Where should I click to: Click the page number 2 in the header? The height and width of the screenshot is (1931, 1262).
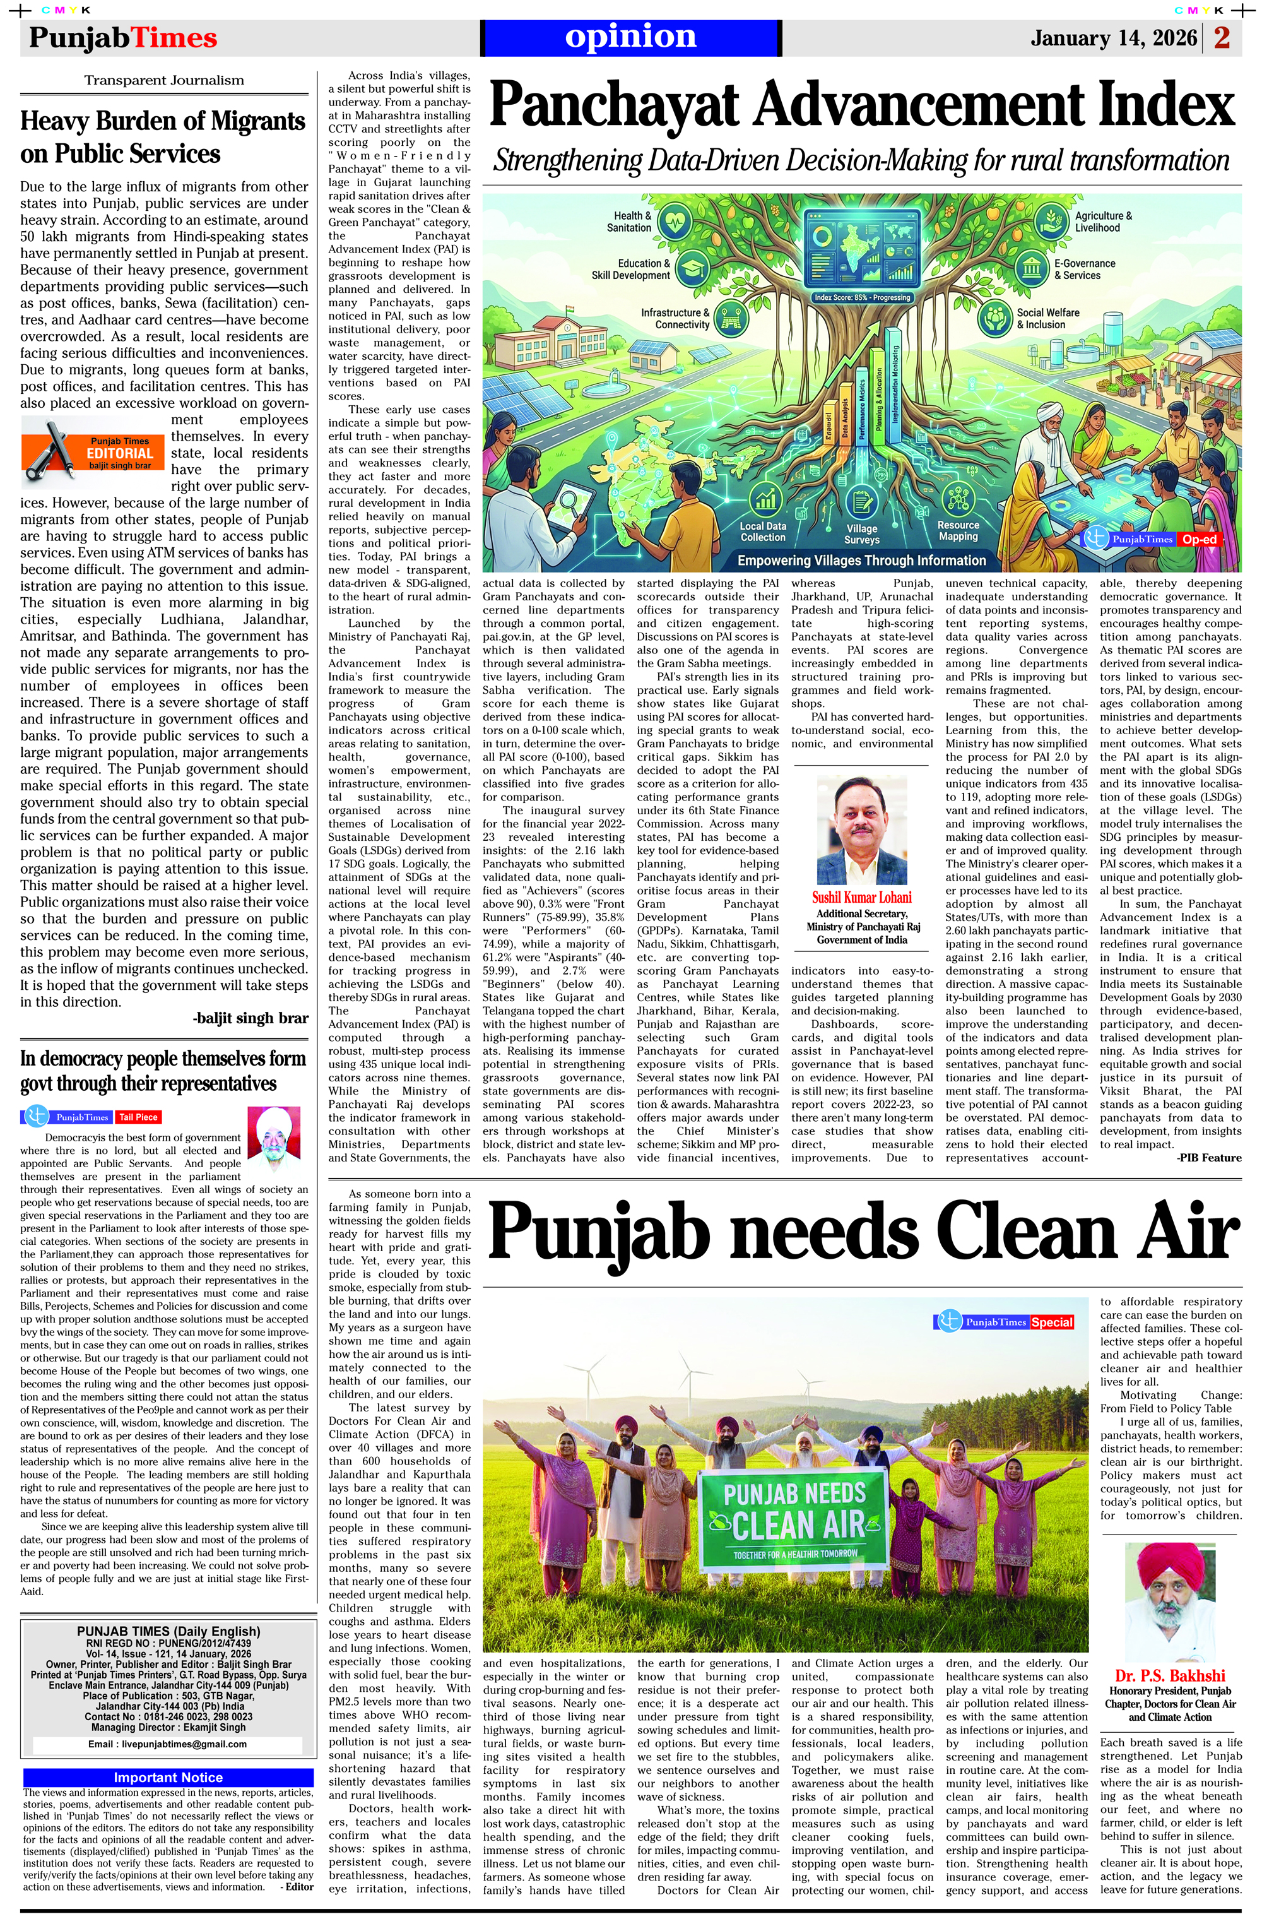pyautogui.click(x=1222, y=37)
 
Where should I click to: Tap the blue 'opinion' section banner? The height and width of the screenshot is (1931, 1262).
pyautogui.click(x=630, y=37)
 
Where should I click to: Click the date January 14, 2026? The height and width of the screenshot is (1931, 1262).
pyautogui.click(x=1112, y=38)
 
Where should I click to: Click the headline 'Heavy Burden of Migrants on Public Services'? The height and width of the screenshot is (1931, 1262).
pyautogui.click(x=163, y=137)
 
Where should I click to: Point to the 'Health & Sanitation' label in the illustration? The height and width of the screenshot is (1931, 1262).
pyautogui.click(x=632, y=222)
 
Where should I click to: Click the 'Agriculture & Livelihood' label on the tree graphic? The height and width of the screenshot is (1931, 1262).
pyautogui.click(x=1103, y=222)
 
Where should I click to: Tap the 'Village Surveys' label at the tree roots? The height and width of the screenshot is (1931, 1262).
pyautogui.click(x=861, y=534)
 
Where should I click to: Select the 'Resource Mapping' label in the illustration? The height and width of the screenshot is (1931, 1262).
pyautogui.click(x=958, y=531)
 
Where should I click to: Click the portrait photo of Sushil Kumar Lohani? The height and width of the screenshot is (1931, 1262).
pyautogui.click(x=861, y=830)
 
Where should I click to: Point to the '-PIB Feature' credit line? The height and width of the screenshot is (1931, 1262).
pyautogui.click(x=1208, y=1158)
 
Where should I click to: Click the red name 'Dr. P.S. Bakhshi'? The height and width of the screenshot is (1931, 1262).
pyautogui.click(x=1169, y=1676)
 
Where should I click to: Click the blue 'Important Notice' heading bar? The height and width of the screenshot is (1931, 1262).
pyautogui.click(x=168, y=1778)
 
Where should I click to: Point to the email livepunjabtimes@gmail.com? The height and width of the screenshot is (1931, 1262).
pyautogui.click(x=168, y=1744)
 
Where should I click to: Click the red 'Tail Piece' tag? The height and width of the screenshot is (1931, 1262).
pyautogui.click(x=138, y=1117)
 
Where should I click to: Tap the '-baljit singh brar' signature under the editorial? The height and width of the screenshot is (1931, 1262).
pyautogui.click(x=251, y=1018)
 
